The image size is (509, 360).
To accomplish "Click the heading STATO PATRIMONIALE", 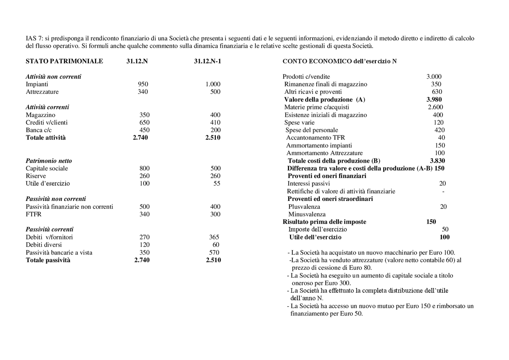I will (x=64, y=61).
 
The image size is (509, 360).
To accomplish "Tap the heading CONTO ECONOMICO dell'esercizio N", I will (x=339, y=61).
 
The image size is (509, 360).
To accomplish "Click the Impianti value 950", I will (x=143, y=84).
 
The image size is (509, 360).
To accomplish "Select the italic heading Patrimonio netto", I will (x=49, y=161).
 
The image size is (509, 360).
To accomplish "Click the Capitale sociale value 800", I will (x=144, y=169).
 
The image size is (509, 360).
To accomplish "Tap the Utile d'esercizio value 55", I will (x=217, y=184).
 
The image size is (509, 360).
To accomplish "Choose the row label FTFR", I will (x=33, y=214).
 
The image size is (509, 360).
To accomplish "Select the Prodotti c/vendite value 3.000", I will (x=434, y=77).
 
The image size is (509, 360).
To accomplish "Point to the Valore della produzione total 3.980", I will (x=434, y=99).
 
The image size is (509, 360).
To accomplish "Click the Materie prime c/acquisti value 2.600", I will (x=435, y=107).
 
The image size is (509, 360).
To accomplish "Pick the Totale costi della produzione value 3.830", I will (x=437, y=161).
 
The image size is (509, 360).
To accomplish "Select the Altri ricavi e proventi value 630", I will (x=437, y=92).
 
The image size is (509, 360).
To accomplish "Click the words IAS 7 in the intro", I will (x=33, y=39).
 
